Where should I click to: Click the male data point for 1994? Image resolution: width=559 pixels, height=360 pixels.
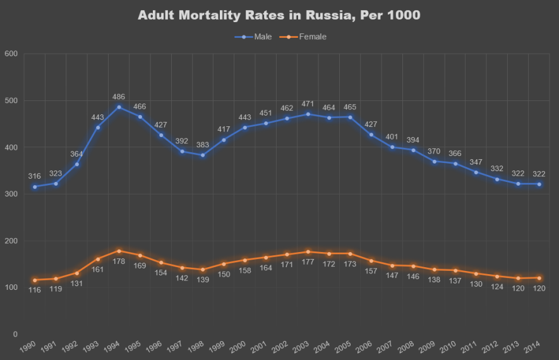click(x=119, y=107)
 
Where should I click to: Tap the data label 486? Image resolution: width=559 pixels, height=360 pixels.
click(x=119, y=97)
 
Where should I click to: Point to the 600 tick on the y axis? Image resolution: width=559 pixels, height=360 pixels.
click(x=11, y=54)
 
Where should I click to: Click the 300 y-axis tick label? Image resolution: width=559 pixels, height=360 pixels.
click(x=11, y=194)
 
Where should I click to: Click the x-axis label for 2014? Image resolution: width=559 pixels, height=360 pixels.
click(x=532, y=347)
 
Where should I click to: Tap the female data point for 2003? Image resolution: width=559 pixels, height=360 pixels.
click(x=308, y=251)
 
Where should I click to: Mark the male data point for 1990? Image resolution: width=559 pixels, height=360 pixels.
click(x=35, y=186)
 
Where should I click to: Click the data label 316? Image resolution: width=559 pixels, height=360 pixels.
click(x=35, y=176)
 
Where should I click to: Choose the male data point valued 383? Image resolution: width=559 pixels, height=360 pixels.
click(x=203, y=155)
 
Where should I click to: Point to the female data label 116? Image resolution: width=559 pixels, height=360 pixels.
click(x=35, y=289)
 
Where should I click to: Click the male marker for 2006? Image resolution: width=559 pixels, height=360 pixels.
click(x=371, y=135)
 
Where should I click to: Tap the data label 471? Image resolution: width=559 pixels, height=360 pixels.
click(x=308, y=104)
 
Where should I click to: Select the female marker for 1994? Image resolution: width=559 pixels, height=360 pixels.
click(x=119, y=251)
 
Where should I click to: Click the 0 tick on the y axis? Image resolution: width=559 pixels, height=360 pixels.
click(x=15, y=334)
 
